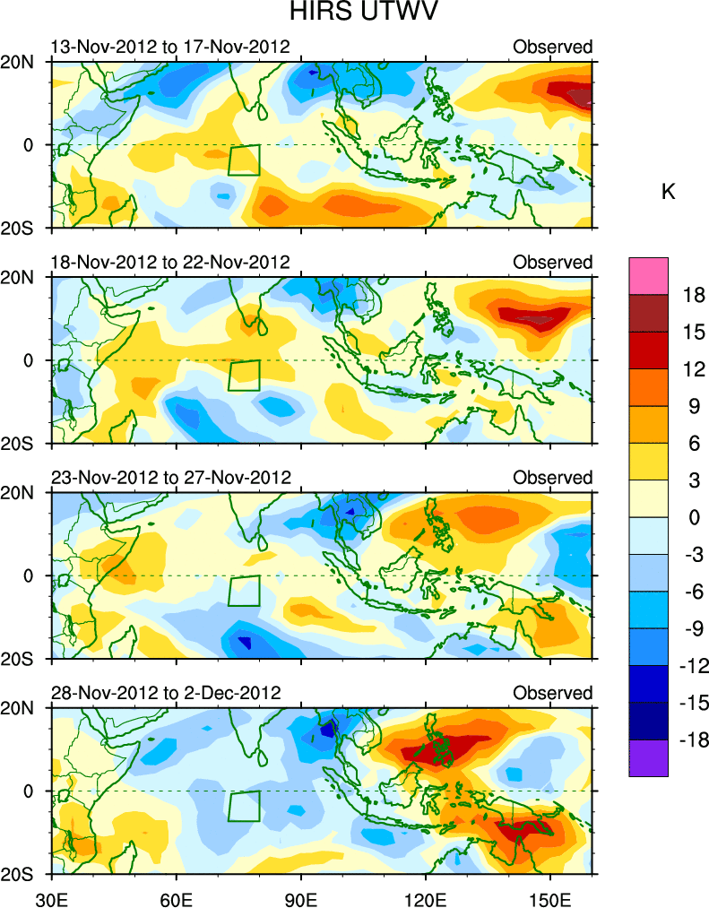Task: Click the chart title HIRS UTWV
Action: (x=354, y=13)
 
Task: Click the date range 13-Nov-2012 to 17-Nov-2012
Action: (x=170, y=47)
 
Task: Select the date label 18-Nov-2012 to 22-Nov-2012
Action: (x=170, y=263)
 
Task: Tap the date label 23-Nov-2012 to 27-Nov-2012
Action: (x=170, y=478)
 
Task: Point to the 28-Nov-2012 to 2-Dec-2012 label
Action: (x=166, y=694)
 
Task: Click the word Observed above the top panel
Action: (x=552, y=47)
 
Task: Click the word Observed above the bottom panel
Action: (x=552, y=694)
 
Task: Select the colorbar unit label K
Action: (x=668, y=193)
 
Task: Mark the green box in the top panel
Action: (x=244, y=160)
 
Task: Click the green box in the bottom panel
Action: (x=244, y=806)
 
